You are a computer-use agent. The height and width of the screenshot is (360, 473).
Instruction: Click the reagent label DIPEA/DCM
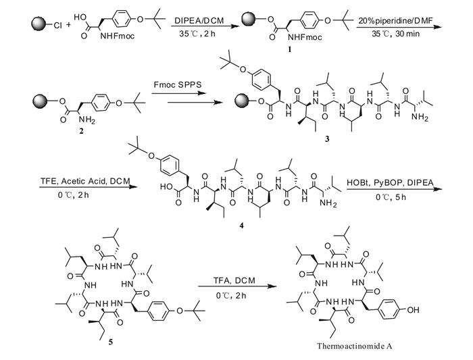199,20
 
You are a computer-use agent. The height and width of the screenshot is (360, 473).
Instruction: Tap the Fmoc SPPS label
177,84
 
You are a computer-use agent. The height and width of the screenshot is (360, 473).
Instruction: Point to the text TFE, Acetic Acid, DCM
85,181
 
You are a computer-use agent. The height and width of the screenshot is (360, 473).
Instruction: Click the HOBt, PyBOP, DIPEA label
390,183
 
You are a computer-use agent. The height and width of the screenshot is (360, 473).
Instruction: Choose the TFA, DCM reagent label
234,281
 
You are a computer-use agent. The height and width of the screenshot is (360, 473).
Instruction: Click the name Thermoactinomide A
355,346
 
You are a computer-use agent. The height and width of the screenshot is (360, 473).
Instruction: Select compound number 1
290,49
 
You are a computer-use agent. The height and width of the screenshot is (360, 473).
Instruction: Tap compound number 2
81,131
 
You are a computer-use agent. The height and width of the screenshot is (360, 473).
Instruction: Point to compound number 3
327,139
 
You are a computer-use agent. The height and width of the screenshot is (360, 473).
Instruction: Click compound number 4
241,226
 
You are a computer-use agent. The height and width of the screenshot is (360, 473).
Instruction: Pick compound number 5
111,342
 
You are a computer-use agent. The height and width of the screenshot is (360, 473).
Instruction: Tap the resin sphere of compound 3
243,101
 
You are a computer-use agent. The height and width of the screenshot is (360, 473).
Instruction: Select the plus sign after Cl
68,24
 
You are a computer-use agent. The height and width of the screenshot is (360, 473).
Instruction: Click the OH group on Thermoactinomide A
413,309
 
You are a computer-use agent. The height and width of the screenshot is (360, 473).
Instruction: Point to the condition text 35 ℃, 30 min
395,34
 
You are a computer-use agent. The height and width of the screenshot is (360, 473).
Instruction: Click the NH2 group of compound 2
87,120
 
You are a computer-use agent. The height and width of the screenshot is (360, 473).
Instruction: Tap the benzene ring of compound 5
159,311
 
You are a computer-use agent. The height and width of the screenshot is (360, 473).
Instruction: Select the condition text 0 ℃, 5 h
391,197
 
